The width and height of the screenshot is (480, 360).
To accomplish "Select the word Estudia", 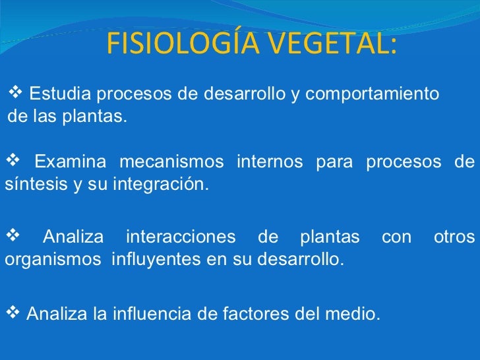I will [58, 94].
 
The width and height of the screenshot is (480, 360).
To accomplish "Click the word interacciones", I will [180, 236].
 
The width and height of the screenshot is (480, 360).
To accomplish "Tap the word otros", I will [454, 236].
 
